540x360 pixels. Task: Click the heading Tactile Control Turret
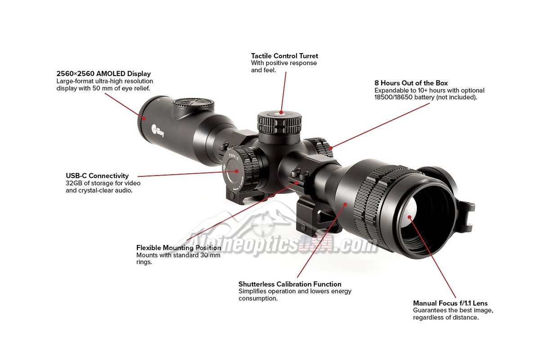[x=284, y=56]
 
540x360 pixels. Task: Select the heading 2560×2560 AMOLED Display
[x=103, y=74]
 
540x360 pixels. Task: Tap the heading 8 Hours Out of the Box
[x=411, y=83]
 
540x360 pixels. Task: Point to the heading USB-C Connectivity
[x=97, y=176]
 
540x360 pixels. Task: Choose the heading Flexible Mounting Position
[x=179, y=248]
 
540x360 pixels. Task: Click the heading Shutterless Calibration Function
[x=290, y=284]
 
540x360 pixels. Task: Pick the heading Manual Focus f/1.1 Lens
[x=450, y=303]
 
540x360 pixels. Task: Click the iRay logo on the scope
[x=158, y=130]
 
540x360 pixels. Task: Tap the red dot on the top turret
[x=281, y=112]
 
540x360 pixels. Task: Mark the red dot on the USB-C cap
[x=237, y=171]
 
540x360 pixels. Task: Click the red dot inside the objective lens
[x=409, y=217]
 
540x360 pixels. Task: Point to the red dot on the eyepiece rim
[x=144, y=118]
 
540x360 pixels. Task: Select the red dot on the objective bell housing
[x=345, y=204]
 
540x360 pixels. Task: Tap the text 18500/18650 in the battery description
[x=393, y=97]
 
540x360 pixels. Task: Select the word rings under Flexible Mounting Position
[x=144, y=262]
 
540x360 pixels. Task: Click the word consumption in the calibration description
[x=258, y=298]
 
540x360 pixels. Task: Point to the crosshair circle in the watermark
[x=262, y=225]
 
